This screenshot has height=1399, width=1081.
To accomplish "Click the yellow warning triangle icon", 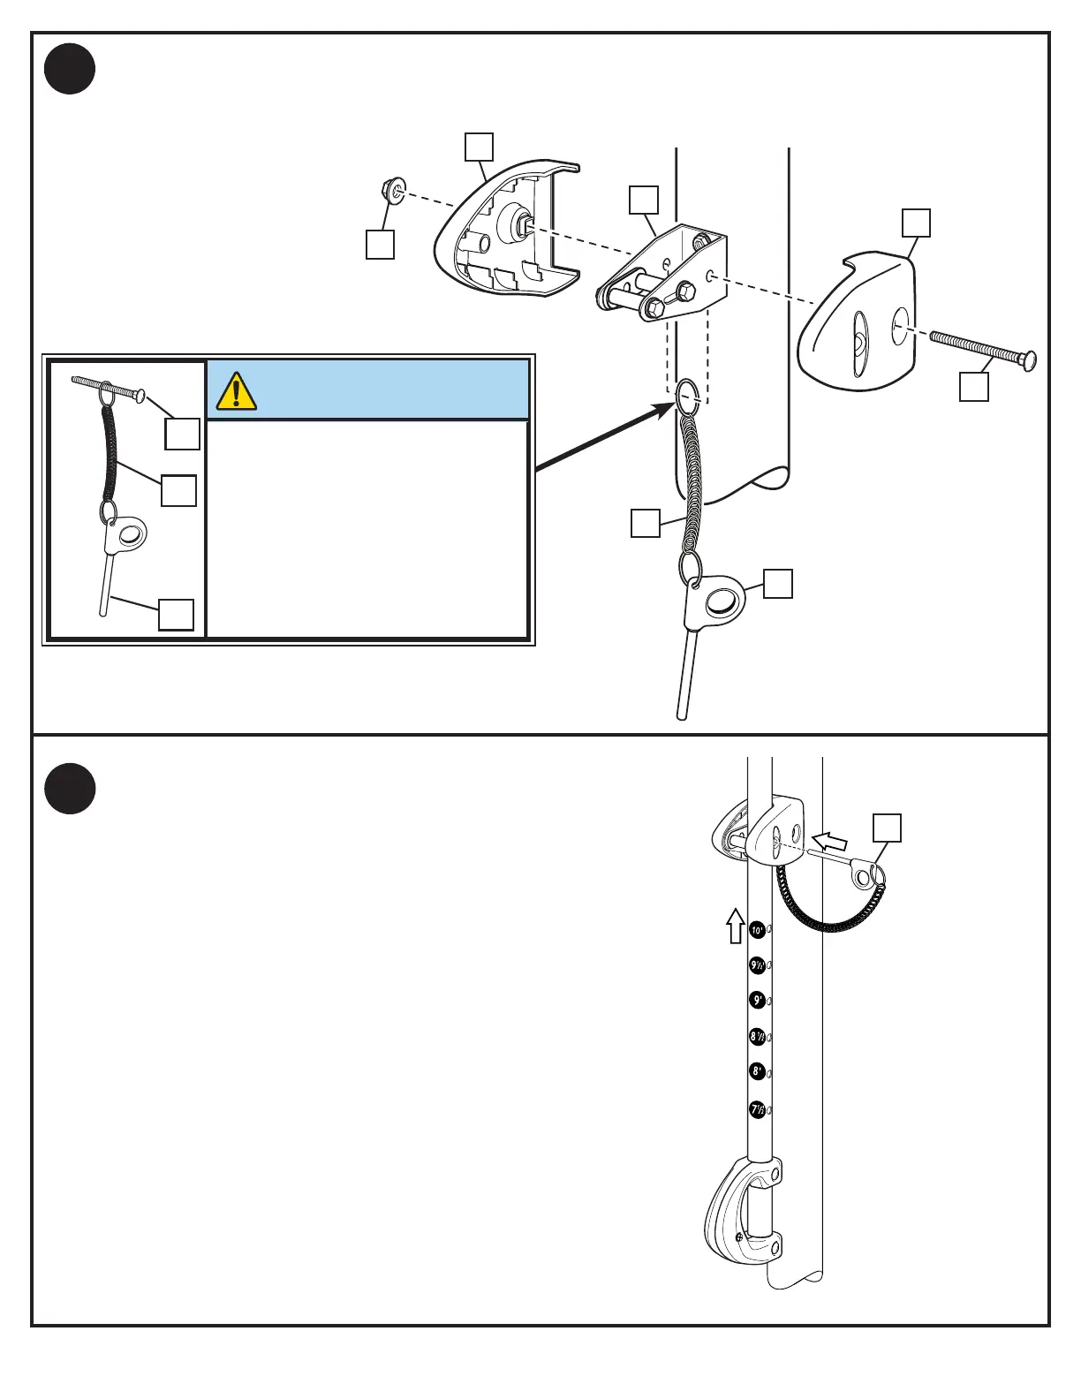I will (236, 391).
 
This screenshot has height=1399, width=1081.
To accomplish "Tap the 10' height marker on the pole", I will (757, 930).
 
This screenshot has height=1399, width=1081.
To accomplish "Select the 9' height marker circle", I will (757, 1001).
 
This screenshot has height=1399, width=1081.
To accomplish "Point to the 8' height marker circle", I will (757, 1071).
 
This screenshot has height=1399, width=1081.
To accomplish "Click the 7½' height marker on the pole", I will (757, 1109).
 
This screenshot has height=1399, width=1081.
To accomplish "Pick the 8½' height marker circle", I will (757, 1036).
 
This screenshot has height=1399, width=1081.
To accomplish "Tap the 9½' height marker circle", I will (757, 965).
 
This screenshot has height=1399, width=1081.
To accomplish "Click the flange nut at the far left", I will (389, 189).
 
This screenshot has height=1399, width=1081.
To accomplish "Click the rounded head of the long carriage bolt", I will (1028, 361).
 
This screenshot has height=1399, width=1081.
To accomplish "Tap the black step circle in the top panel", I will (70, 69).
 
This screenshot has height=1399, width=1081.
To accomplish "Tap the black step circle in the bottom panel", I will (70, 788).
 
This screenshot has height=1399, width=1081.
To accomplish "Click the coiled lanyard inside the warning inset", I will (110, 456).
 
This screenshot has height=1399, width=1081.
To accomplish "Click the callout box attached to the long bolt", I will (974, 387).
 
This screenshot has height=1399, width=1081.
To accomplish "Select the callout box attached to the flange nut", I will (380, 245).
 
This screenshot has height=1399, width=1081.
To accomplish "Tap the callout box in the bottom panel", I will (887, 828).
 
